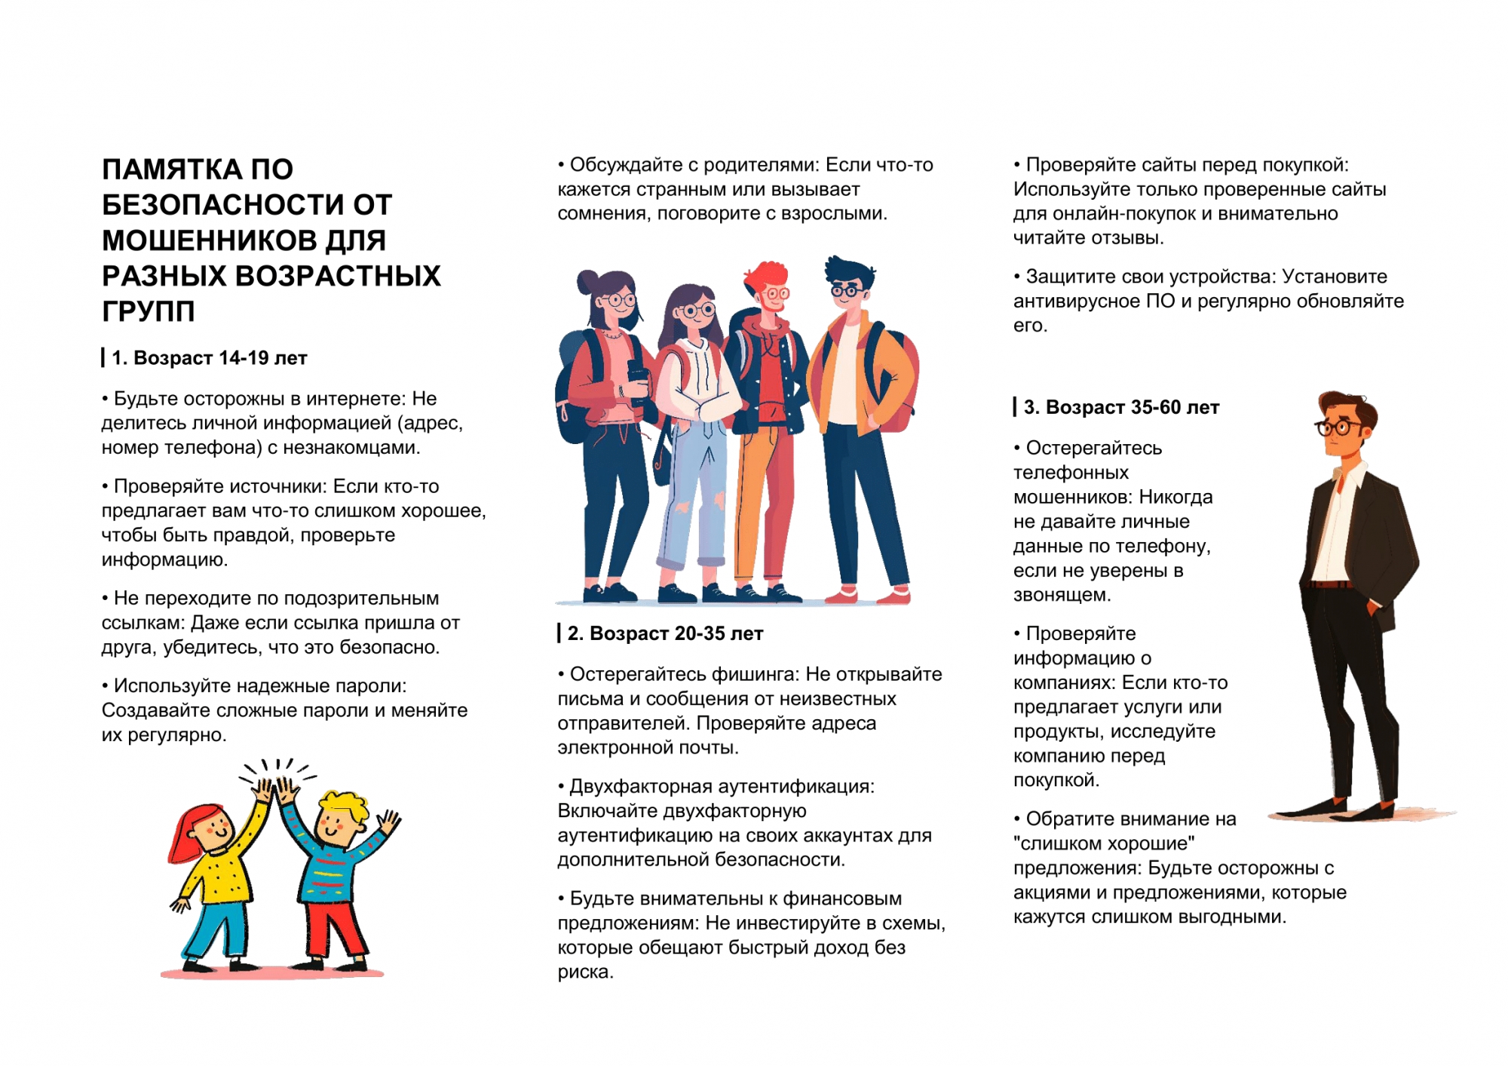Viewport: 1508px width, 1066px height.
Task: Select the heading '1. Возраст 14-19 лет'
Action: (x=209, y=358)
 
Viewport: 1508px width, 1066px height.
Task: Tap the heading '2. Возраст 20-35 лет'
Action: (x=664, y=633)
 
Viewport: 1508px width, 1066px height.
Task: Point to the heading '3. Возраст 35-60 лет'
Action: (x=1120, y=407)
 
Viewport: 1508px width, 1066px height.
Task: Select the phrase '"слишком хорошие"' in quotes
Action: (x=1104, y=843)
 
